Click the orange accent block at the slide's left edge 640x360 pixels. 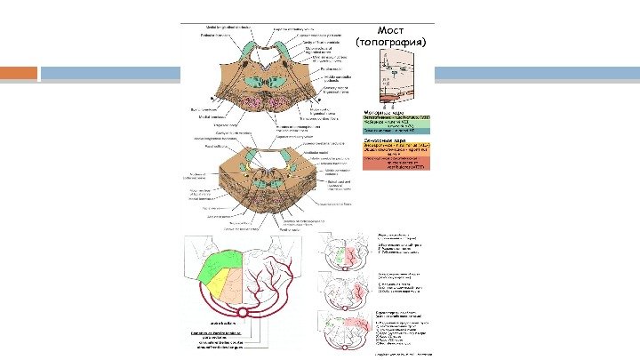(19, 72)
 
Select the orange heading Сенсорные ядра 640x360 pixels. (384, 140)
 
